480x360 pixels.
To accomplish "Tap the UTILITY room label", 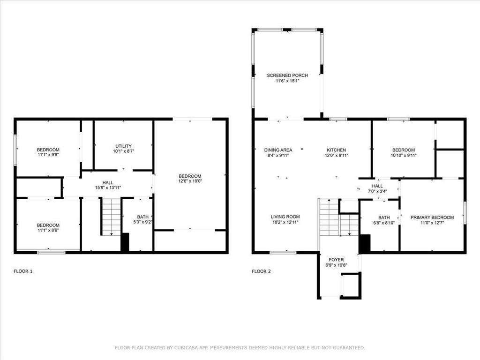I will (123, 146).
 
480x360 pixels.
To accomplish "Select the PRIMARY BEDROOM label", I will (432, 217).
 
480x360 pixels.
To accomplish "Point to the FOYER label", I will (336, 259).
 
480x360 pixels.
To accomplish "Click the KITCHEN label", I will (336, 150).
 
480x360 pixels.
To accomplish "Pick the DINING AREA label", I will (278, 150).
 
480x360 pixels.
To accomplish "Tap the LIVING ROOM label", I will (285, 217).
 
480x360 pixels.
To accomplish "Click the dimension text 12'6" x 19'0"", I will (190, 181).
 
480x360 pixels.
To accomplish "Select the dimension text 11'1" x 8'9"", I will (48, 230).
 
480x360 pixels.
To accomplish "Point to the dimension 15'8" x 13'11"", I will (108, 188).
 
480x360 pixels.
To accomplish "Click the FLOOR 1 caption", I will (23, 271).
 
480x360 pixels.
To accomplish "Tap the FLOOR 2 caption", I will (261, 271).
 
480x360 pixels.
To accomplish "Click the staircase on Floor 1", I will (112, 216).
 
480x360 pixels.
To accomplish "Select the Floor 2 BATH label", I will (384, 217).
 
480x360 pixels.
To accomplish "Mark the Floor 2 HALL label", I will (377, 186).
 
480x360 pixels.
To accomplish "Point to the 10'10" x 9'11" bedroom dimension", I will (404, 155).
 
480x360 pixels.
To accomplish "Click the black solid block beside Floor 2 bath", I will (365, 244).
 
